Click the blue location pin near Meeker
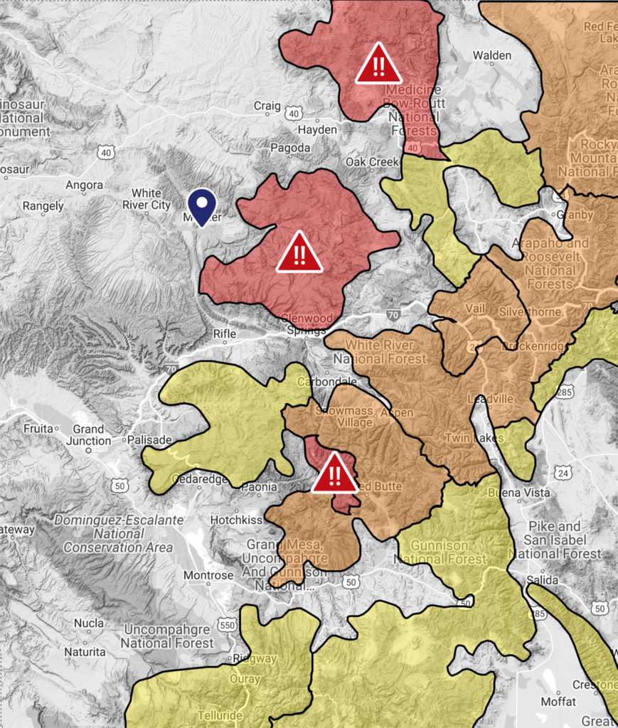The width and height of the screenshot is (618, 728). tap(203, 205)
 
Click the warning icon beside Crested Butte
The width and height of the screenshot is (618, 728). tap(335, 473)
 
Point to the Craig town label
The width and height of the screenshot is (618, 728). tap(267, 106)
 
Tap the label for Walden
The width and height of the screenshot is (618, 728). tap(492, 55)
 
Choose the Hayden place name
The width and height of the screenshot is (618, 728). tap(317, 130)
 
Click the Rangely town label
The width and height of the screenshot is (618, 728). tap(43, 206)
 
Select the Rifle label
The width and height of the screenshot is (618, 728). tap(225, 333)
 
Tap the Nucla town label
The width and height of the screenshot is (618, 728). tap(89, 623)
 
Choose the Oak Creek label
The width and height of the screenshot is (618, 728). tap(372, 162)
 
